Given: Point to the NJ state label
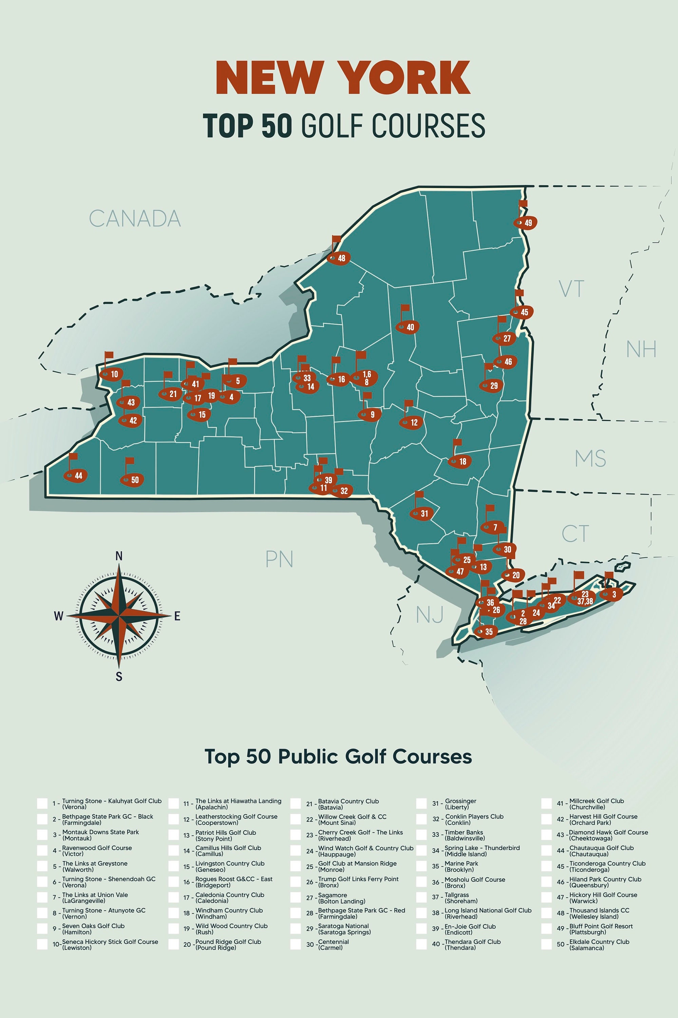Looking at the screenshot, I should point(429,615).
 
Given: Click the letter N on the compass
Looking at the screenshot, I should point(119,556).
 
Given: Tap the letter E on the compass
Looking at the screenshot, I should point(177,617).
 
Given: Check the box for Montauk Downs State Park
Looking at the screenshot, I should point(42,835).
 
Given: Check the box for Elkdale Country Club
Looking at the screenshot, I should point(547,944).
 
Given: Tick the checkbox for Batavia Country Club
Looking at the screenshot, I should point(296,804).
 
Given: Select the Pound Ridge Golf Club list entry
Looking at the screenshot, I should point(228,944).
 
